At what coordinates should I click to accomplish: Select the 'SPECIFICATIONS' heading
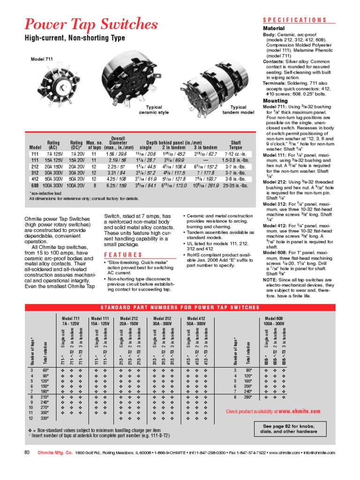click(294, 20)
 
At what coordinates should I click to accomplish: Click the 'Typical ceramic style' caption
click(154, 110)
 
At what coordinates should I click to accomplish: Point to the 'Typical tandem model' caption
click(238, 110)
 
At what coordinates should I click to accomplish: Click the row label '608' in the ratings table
click(35, 186)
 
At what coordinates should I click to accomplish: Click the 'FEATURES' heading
click(120, 255)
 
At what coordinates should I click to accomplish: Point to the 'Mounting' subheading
click(275, 100)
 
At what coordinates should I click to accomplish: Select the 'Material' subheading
click(273, 28)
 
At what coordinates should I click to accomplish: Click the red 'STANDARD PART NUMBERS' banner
click(180, 307)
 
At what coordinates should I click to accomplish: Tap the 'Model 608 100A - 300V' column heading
click(274, 321)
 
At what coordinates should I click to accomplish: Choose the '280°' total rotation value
click(247, 397)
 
